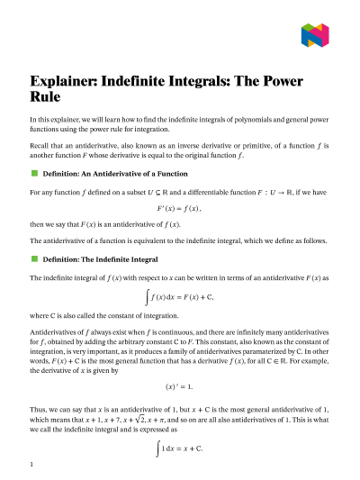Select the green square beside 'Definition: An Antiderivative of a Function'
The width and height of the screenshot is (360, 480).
tap(33, 171)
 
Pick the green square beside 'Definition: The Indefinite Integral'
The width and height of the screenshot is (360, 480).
tap(33, 258)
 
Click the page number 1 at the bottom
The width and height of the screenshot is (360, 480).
tap(31, 465)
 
